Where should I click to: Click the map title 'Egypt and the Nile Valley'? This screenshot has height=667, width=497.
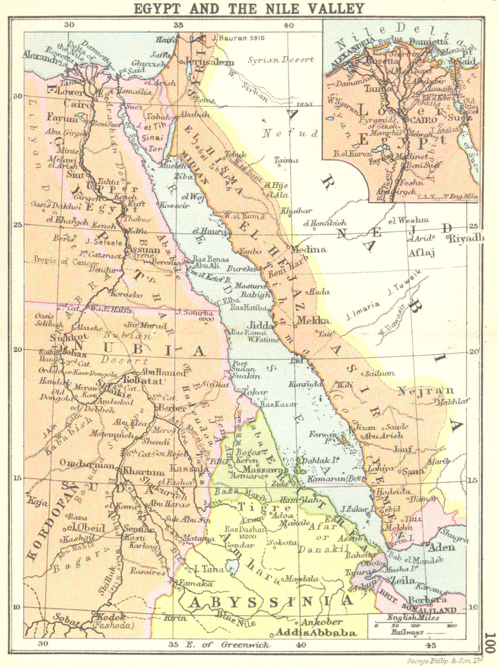pos(248,8)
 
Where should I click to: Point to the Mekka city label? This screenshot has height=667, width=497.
pos(313,321)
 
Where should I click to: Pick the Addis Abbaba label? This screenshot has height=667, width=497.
pos(317,632)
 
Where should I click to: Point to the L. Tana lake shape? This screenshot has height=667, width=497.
pos(230,567)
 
